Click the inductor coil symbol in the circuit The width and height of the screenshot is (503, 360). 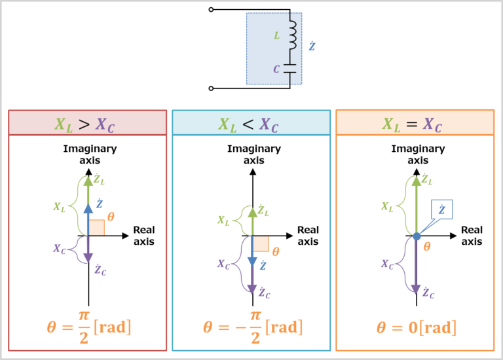tap(292, 35)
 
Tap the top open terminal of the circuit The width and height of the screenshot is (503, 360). tap(211, 10)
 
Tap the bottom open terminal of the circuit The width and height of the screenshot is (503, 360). tap(211, 88)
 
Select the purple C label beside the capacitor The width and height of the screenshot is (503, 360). tap(277, 68)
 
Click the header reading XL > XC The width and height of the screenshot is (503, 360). tap(87, 123)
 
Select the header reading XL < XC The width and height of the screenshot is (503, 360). tap(251, 123)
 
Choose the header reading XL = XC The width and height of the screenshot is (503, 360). tap(415, 123)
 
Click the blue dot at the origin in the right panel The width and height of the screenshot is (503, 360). tap(416, 236)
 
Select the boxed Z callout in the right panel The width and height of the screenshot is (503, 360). tap(441, 209)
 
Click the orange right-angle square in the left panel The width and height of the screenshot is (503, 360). tap(96, 228)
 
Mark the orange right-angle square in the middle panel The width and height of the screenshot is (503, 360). tap(261, 243)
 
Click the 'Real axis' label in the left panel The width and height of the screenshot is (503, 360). tap(143, 236)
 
